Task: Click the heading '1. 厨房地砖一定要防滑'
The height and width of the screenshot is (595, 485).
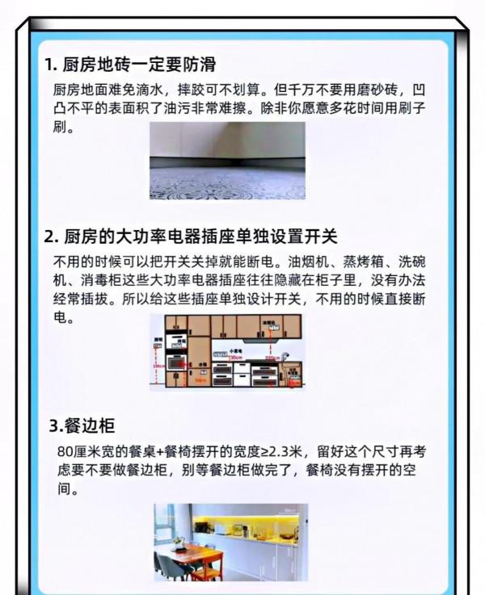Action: point(129,65)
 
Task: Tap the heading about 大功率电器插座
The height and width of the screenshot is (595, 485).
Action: point(190,237)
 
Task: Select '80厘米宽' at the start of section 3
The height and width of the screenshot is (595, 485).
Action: point(81,451)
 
